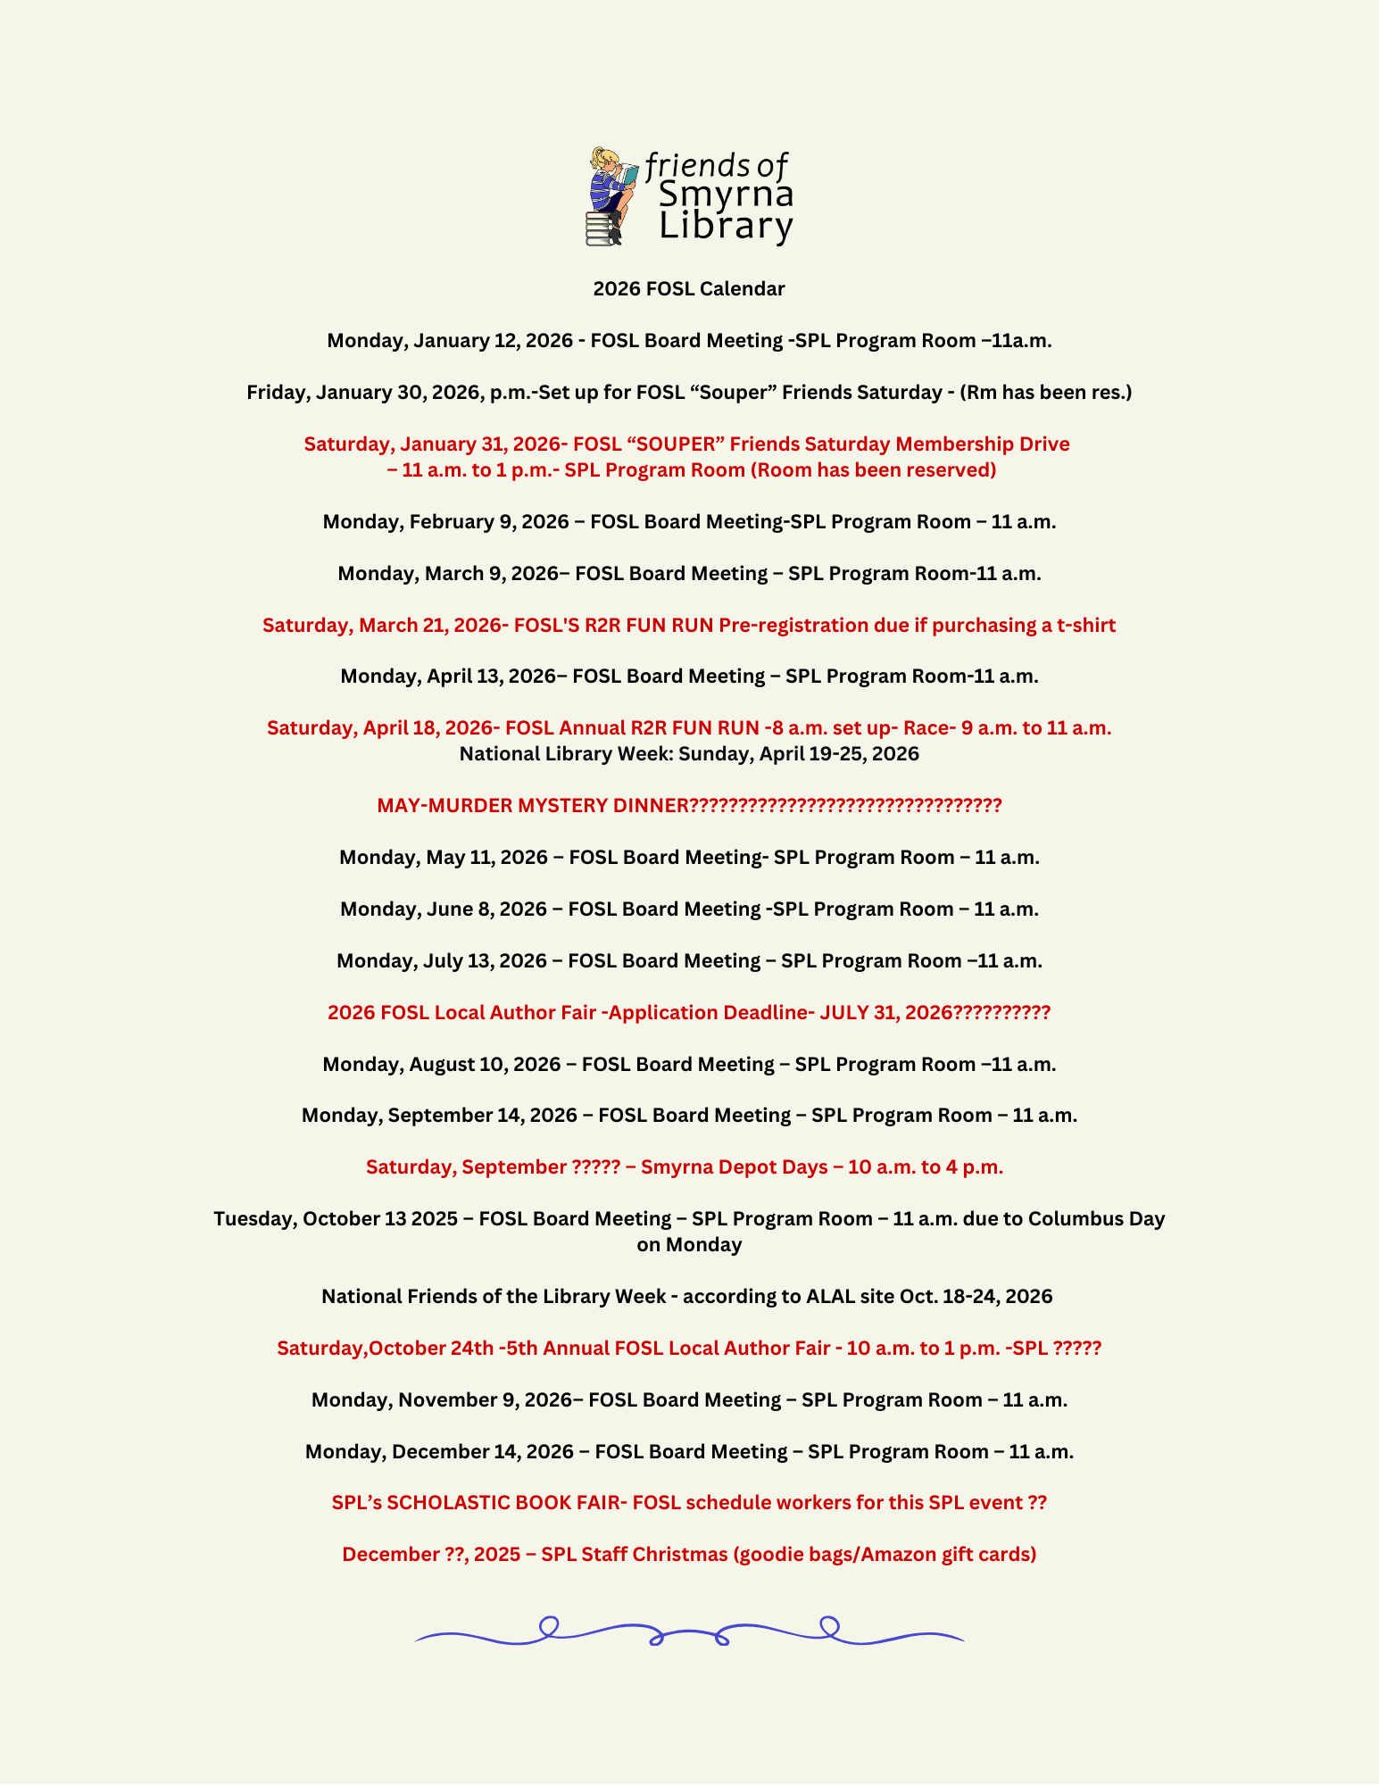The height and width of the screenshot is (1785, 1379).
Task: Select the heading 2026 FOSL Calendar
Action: [689, 289]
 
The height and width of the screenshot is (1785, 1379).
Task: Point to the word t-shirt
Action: [1085, 626]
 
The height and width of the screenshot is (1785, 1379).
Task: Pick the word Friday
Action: [276, 393]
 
